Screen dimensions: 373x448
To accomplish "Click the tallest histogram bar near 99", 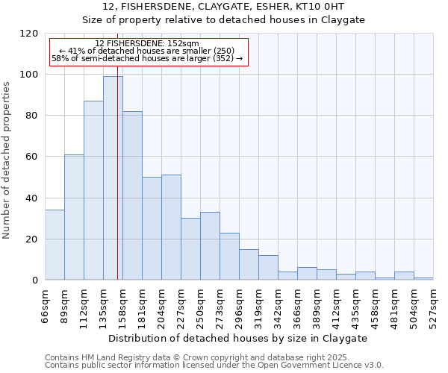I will point(113,178).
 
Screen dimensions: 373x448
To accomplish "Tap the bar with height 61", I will point(74,217).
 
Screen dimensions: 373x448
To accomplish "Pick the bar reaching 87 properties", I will point(93,190).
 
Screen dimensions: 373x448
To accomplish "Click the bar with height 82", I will point(132,195).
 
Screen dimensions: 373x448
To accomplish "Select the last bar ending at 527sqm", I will point(423,279).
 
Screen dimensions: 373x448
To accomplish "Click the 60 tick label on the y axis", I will point(31,157).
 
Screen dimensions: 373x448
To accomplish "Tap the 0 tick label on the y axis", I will point(34,280).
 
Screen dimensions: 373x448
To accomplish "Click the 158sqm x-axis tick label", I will point(123,305).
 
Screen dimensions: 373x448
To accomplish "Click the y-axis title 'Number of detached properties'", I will point(7,160).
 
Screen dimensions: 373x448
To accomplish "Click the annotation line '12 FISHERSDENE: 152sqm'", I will point(147,43).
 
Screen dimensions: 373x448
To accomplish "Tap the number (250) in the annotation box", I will point(223,51).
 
